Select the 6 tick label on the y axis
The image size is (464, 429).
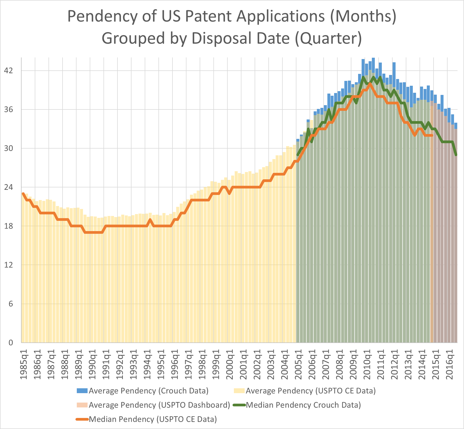point(11,304)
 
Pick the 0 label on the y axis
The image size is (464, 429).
point(11,343)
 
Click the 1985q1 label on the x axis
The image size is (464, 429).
point(24,364)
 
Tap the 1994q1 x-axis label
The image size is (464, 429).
point(148,364)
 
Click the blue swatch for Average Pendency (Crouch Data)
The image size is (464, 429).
point(82,391)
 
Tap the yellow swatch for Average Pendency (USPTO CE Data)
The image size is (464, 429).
point(239,391)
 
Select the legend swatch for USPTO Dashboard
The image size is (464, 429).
point(82,405)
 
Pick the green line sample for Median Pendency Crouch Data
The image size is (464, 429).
point(239,405)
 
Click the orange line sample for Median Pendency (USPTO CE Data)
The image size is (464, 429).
point(82,419)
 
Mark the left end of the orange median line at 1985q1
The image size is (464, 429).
point(23,194)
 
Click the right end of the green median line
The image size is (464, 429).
point(456,155)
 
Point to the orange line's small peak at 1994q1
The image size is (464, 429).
point(150,220)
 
